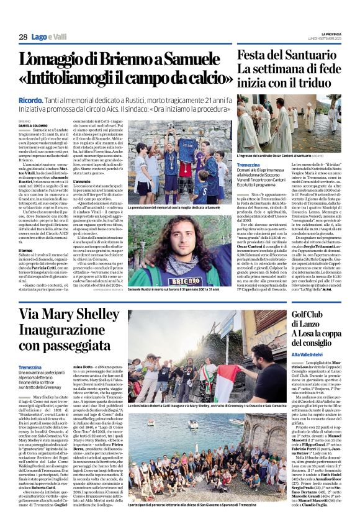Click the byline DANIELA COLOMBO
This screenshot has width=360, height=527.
tap(32, 127)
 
